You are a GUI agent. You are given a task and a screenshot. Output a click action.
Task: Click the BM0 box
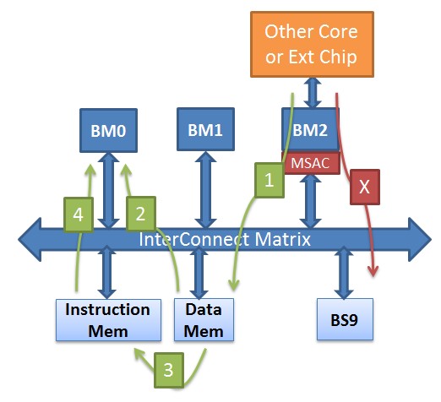(x=108, y=131)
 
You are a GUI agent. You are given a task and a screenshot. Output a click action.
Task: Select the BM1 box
(x=205, y=129)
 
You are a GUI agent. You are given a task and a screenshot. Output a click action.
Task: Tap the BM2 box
(x=310, y=129)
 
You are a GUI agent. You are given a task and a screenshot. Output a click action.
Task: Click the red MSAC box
(x=311, y=163)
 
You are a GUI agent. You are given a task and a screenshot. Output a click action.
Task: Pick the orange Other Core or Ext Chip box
(x=312, y=44)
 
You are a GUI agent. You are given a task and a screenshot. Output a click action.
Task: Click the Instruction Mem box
(x=108, y=320)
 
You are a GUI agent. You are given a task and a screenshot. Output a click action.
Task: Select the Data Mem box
(x=204, y=320)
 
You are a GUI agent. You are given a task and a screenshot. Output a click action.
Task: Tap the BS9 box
(x=345, y=319)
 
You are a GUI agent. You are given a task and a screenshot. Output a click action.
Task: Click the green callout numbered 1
(x=269, y=180)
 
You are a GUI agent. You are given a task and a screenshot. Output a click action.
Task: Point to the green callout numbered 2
(x=141, y=214)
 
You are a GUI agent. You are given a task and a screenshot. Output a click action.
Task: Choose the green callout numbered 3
(x=169, y=370)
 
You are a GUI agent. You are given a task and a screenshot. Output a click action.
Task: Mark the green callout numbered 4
(x=79, y=215)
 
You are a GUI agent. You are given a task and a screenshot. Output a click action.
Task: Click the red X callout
(x=365, y=187)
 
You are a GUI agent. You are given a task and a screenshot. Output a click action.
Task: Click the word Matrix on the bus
(x=282, y=240)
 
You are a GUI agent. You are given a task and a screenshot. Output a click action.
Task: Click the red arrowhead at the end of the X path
(x=373, y=271)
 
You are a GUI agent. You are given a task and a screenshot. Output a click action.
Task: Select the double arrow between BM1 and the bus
(x=205, y=190)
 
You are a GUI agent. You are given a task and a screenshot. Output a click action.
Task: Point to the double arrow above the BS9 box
(x=344, y=272)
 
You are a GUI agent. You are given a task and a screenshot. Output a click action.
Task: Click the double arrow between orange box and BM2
(x=312, y=93)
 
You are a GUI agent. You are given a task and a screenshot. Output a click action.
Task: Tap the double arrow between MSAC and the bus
(x=310, y=201)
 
